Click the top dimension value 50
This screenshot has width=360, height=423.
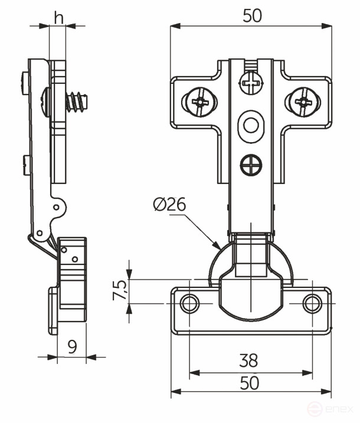(251, 16)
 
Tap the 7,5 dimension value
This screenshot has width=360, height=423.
(120, 290)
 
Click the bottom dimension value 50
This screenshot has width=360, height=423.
(250, 383)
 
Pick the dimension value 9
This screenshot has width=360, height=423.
(72, 346)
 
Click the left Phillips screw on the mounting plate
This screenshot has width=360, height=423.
(198, 101)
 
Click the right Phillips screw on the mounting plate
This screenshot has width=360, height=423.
(302, 101)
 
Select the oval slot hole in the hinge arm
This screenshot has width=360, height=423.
(250, 127)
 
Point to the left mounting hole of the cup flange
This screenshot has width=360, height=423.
(189, 303)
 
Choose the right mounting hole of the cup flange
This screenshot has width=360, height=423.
(312, 303)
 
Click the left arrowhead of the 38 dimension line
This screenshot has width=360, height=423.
(194, 373)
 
